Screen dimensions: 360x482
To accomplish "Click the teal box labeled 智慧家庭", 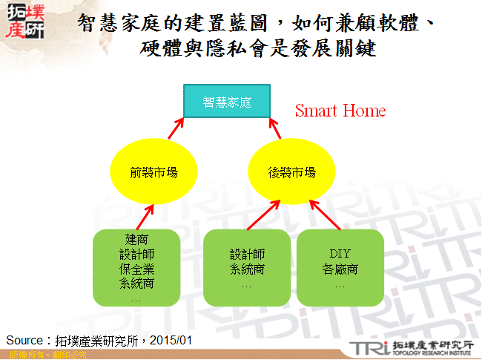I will pos(227,101).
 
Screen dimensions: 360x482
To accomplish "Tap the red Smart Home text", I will pos(340,111).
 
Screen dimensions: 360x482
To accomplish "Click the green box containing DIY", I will pos(340,267).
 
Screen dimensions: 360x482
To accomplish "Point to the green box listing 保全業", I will pos(136,267).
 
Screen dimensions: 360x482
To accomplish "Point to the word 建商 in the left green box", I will pos(136,240).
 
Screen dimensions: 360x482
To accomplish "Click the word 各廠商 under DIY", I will pos(340,269).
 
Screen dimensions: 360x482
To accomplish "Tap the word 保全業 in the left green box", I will pos(136,268).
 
